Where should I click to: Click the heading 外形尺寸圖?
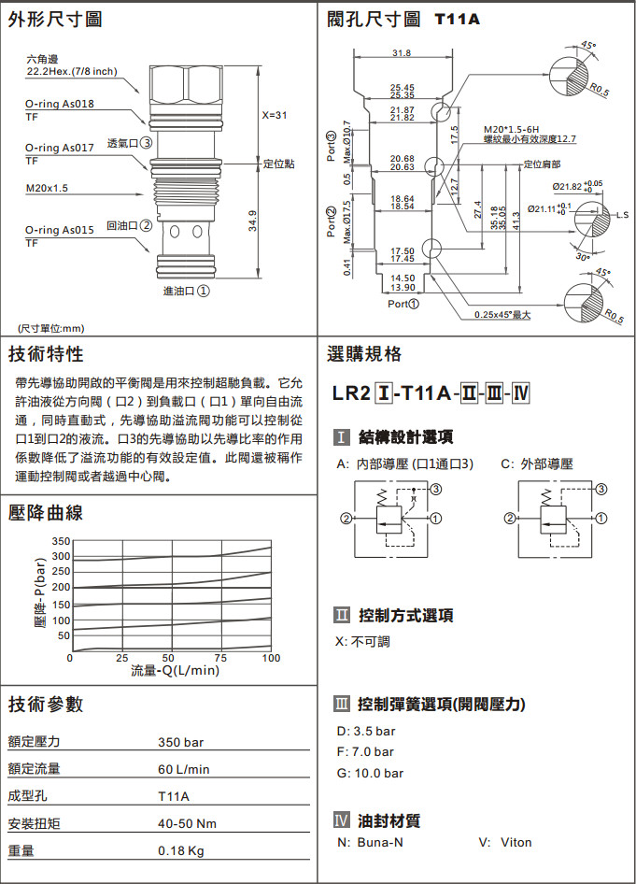[55, 19]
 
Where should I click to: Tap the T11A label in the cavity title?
[457, 18]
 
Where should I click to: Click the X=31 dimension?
[274, 115]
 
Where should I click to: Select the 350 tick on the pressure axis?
[61, 542]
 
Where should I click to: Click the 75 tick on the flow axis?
[219, 658]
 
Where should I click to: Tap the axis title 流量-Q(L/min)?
[175, 670]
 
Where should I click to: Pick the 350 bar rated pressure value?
[181, 743]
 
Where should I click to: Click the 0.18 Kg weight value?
[181, 851]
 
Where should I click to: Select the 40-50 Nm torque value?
[187, 824]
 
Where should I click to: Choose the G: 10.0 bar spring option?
[370, 773]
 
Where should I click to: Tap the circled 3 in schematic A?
[435, 488]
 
